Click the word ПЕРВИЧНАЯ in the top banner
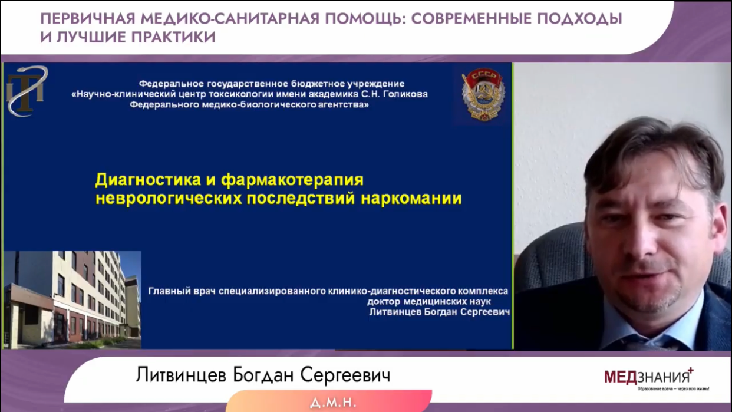(88, 18)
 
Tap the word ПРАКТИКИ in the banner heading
(173, 37)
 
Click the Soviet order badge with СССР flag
(483, 94)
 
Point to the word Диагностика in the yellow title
(148, 180)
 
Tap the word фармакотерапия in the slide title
(292, 180)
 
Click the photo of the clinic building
(72, 299)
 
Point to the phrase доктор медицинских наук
(428, 301)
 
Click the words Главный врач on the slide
(182, 291)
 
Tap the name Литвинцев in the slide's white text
(395, 312)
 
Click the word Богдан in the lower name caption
(263, 375)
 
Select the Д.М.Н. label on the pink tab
(333, 402)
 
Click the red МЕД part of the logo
(620, 377)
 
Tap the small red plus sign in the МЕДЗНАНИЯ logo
(690, 370)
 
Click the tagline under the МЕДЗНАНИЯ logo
(673, 389)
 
